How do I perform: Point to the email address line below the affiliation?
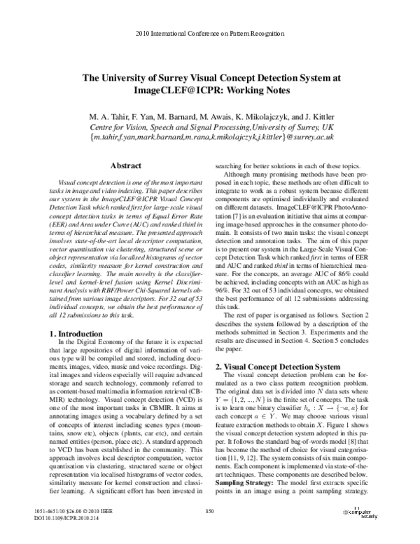pyautogui.click(x=210, y=138)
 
